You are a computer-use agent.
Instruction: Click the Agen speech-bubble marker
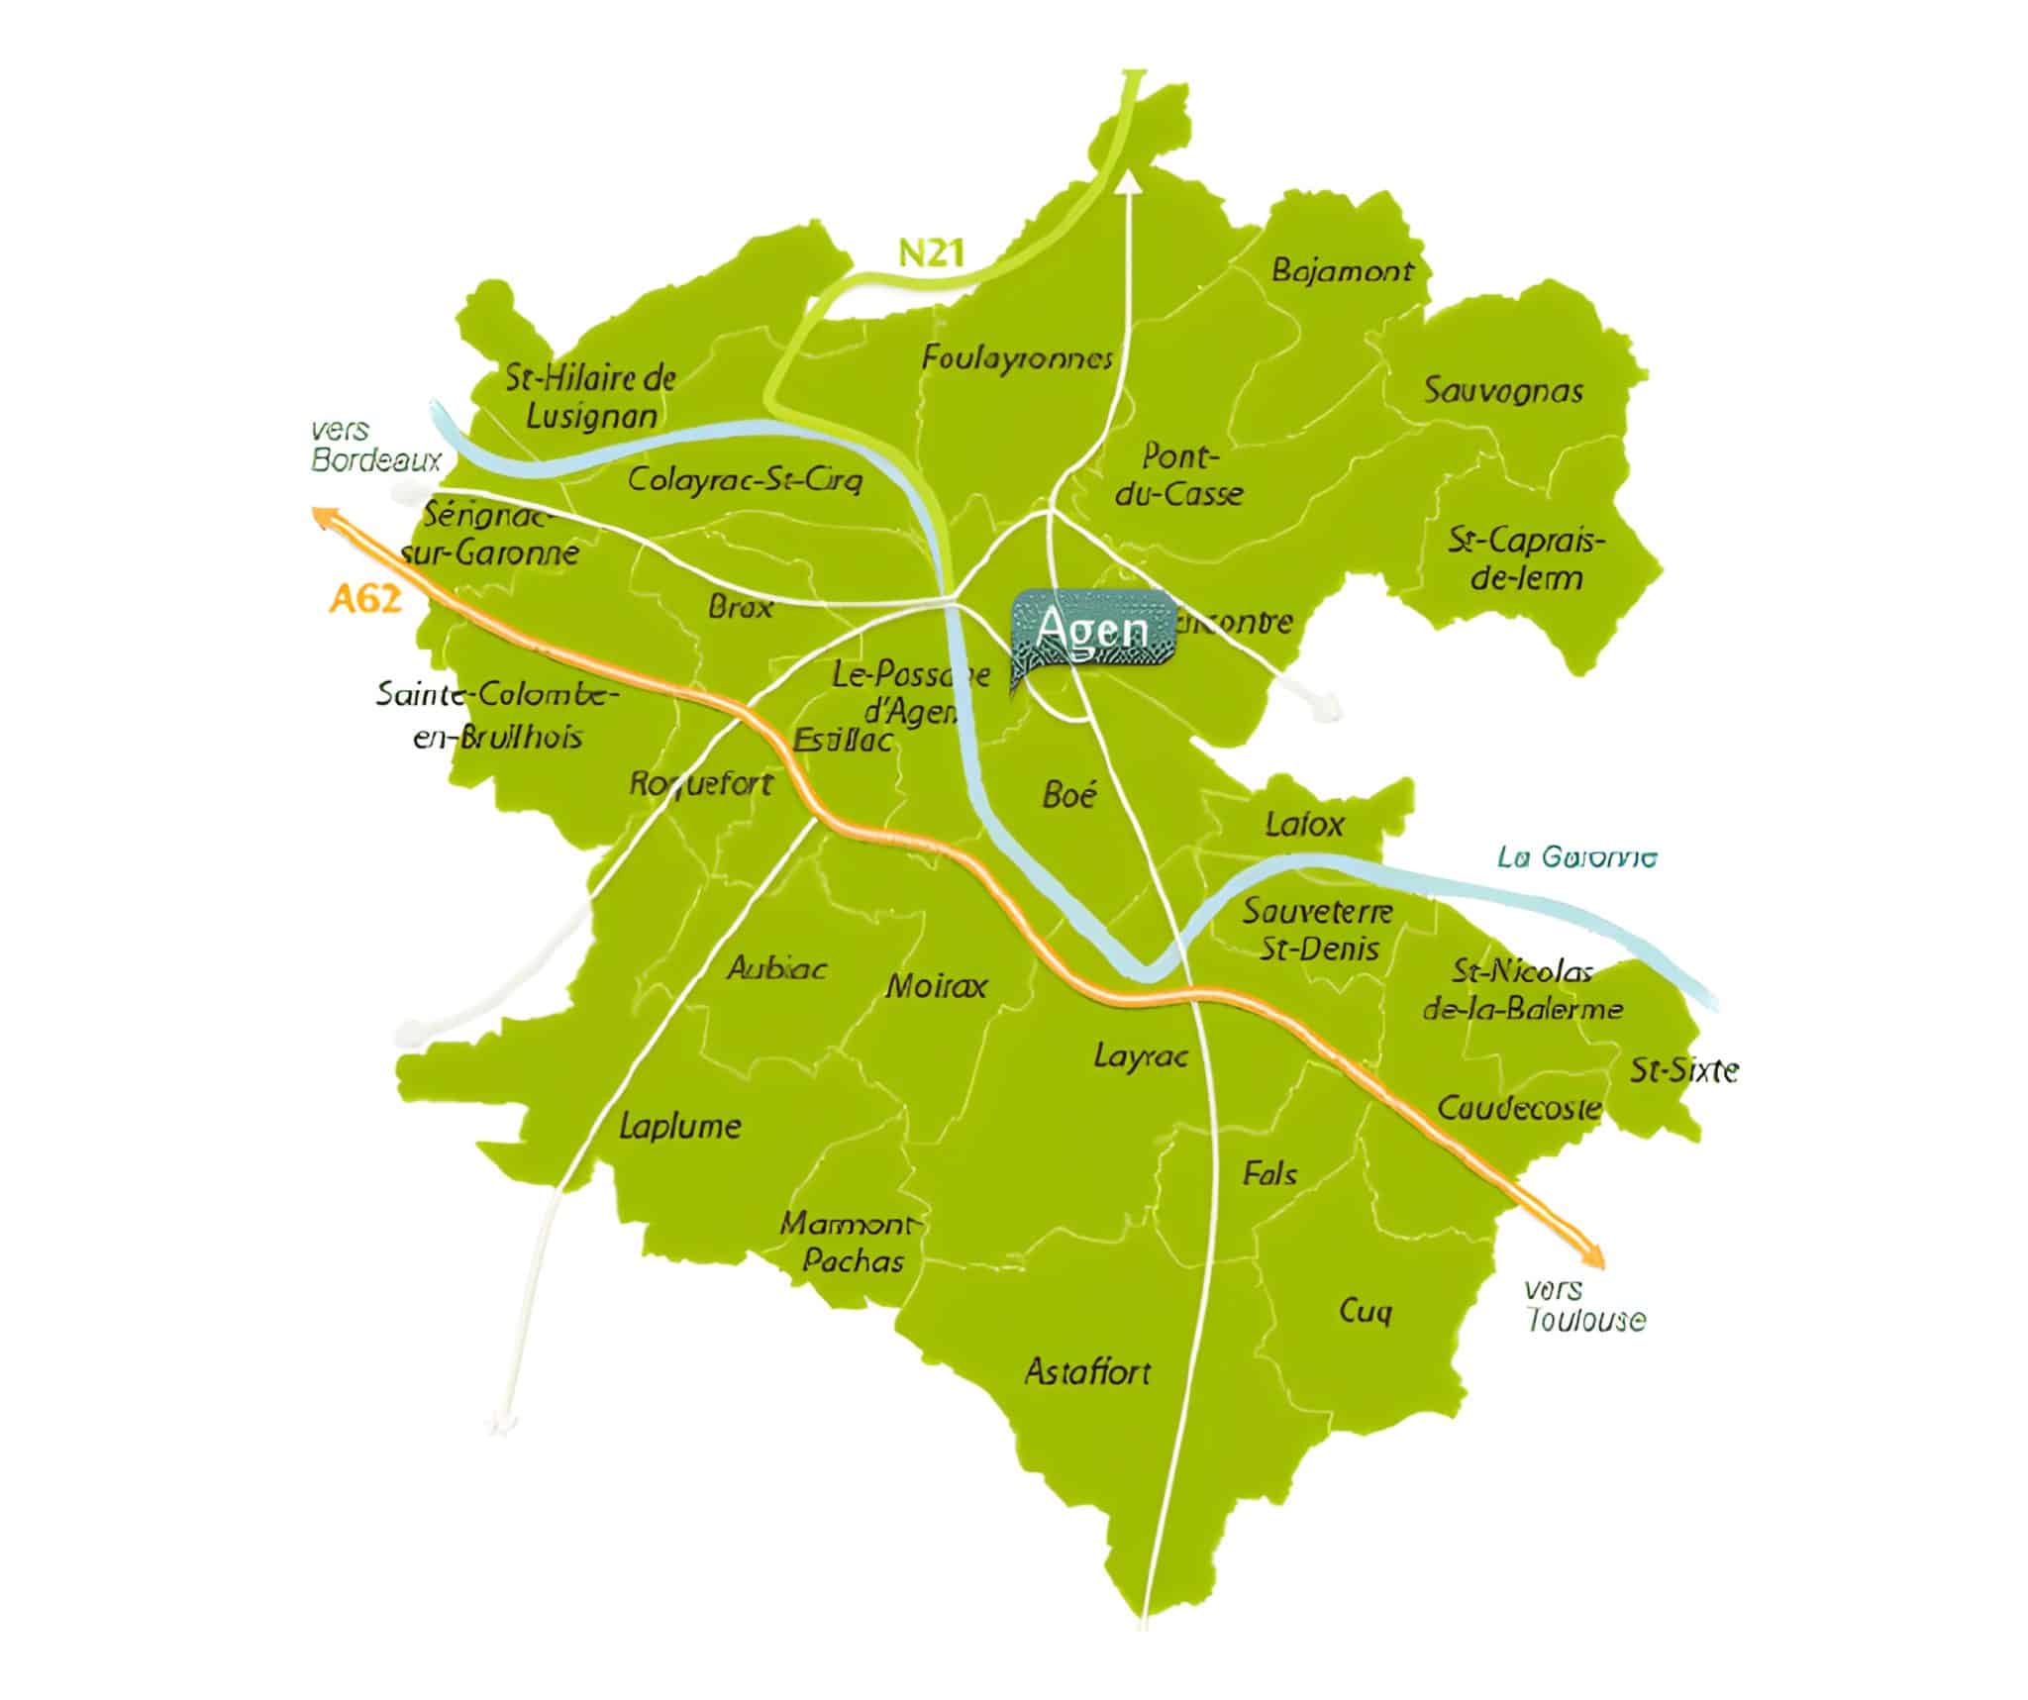tap(1093, 631)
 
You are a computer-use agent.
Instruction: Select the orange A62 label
tap(365, 599)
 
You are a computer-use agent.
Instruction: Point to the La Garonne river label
tap(1575, 856)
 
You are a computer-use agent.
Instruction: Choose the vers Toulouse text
tap(1583, 1305)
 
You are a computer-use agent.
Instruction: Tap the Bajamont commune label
tap(1342, 270)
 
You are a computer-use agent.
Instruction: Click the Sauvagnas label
tap(1502, 390)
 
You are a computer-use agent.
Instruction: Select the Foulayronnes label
tap(1017, 357)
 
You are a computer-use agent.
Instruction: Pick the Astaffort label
tap(1087, 1372)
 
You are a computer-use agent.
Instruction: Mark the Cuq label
tap(1366, 1311)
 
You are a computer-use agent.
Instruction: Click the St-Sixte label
tap(1683, 1070)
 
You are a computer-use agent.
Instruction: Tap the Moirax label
tap(936, 986)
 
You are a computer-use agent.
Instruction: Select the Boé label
tap(1069, 794)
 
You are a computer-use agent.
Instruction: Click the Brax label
tap(740, 606)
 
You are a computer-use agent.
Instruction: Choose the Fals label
tap(1269, 1174)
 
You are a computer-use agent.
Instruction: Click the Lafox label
tap(1304, 824)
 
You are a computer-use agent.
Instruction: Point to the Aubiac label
tap(776, 967)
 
